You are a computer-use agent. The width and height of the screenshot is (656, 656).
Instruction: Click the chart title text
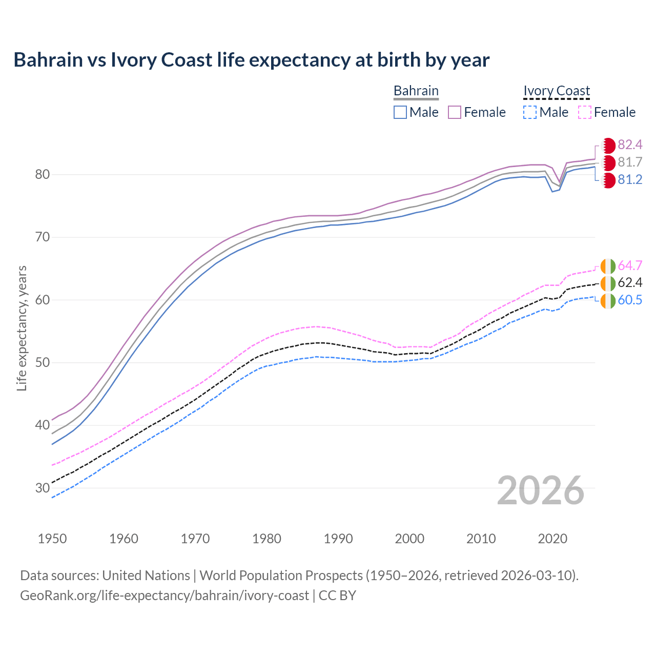coord(251,60)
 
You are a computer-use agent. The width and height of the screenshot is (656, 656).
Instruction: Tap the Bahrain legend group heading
coord(416,91)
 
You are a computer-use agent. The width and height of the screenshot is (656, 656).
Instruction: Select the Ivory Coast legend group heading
coord(557,91)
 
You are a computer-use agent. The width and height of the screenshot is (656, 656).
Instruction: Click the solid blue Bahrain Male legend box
coord(400,112)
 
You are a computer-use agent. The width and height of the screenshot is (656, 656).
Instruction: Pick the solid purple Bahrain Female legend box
coord(455,112)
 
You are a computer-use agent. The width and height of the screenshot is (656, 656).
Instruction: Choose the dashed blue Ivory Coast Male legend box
coord(530,112)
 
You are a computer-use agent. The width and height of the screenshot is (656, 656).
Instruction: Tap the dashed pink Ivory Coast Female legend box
coord(585,112)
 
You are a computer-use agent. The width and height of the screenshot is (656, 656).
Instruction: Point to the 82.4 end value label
coord(630,145)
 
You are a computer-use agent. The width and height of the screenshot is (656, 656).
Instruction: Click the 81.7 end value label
coord(630,162)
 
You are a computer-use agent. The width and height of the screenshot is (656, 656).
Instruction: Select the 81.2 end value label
coord(630,180)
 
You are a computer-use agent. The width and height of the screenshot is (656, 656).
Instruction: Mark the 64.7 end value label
coord(630,265)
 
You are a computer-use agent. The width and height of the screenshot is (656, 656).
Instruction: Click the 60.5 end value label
coord(630,300)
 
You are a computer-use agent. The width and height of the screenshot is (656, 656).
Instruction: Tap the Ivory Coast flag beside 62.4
coord(608,283)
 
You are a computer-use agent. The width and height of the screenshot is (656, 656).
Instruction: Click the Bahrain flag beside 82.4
coord(608,146)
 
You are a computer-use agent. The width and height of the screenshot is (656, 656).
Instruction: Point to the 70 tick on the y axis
coord(42,237)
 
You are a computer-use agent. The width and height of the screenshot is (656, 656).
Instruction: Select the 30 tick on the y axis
coord(42,488)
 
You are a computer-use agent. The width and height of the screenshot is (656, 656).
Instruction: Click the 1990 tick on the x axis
coord(338,539)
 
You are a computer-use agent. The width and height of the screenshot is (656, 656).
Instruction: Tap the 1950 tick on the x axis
coord(52,539)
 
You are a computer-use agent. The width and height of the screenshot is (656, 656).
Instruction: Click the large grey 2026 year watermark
coord(540,490)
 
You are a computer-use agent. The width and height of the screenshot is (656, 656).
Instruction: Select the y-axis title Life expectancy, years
coord(22,328)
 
